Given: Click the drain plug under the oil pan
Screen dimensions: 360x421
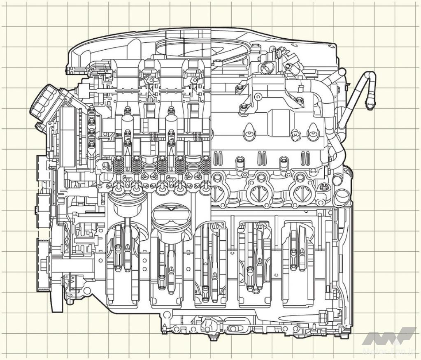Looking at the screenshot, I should [x=212, y=338].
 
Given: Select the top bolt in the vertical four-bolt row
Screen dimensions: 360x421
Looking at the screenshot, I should [x=91, y=109].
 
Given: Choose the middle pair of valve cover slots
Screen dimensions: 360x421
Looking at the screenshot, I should [x=261, y=157].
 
